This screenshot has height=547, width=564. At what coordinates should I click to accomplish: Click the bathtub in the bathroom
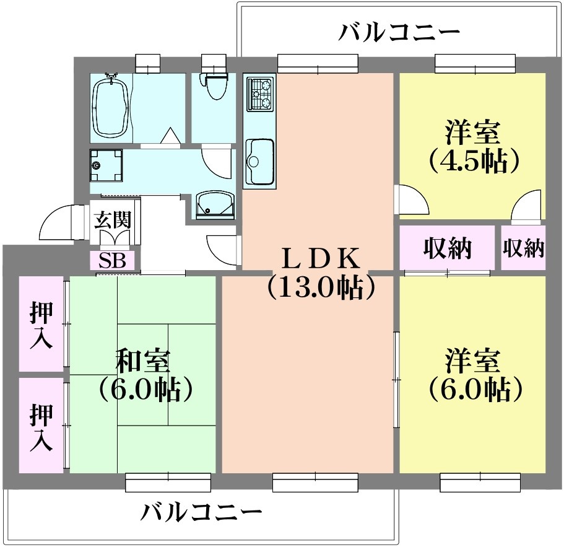(112, 106)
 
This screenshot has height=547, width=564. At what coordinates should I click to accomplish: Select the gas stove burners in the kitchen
(259, 94)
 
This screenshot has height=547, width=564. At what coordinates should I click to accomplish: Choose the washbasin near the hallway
(215, 204)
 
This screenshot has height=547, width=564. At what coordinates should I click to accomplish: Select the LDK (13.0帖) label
(320, 272)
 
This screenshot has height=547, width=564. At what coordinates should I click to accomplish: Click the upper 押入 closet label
(41, 326)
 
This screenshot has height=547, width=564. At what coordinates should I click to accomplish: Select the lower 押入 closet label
(41, 427)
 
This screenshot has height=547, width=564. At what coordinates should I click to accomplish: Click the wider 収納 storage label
(447, 248)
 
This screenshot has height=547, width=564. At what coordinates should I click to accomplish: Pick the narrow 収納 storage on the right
(523, 248)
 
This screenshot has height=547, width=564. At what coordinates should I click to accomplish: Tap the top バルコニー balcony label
(399, 31)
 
